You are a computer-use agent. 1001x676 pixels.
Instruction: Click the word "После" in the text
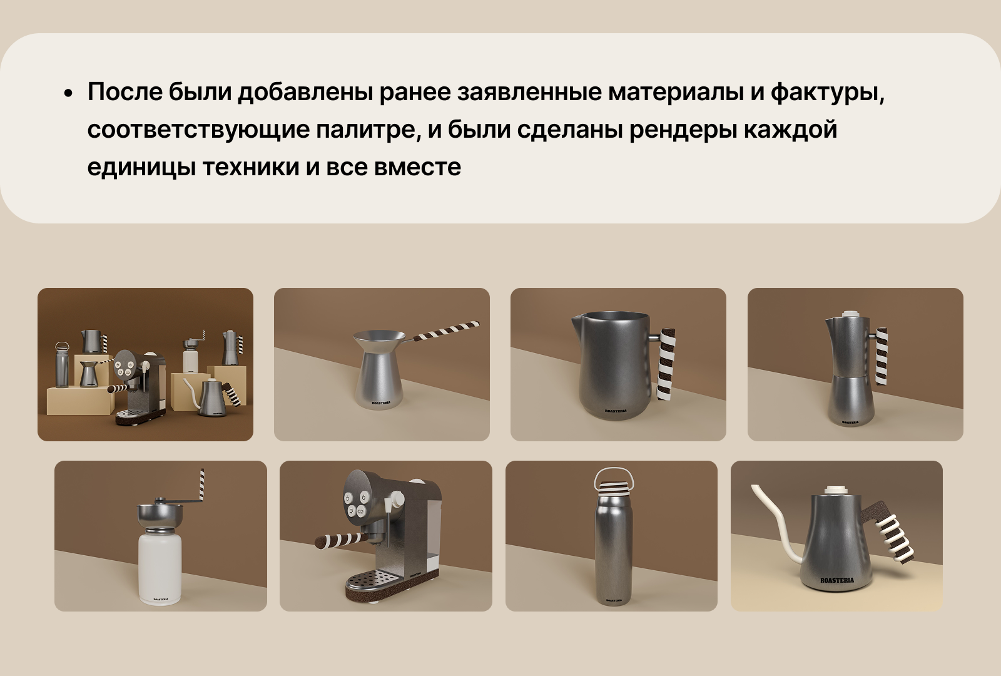click(125, 92)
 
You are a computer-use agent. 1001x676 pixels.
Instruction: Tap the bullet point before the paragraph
click(68, 94)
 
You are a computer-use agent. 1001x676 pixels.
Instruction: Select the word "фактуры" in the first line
click(826, 92)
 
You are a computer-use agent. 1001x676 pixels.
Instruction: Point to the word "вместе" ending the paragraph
click(417, 167)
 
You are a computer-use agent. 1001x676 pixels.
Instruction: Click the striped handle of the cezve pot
click(448, 331)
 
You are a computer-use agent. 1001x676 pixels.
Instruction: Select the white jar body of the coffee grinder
click(160, 566)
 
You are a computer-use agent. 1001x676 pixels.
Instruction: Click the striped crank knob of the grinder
click(202, 485)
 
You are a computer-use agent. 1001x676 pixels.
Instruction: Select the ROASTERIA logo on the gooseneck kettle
click(837, 580)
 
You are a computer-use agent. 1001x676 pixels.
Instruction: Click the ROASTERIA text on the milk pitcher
click(616, 411)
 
